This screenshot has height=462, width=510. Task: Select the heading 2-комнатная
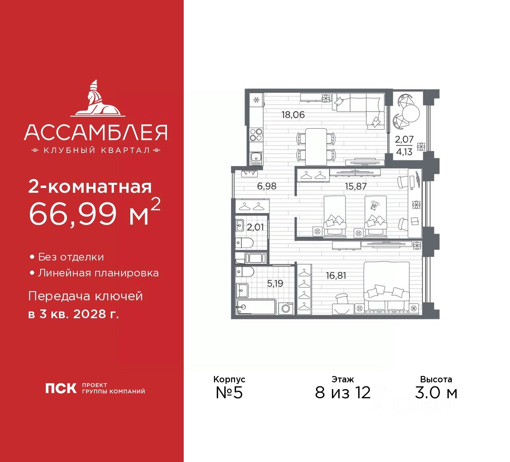90,186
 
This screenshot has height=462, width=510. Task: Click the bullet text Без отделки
71,257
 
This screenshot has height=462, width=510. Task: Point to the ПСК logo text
61,388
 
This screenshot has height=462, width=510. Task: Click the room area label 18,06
293,115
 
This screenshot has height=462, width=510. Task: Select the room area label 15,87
355,186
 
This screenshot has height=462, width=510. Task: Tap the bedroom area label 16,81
336,275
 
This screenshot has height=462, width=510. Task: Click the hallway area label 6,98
267,186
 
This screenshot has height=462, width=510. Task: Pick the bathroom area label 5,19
275,283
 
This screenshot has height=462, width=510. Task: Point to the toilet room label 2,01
255,227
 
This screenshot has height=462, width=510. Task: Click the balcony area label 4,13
404,152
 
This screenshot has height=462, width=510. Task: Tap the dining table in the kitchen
316,146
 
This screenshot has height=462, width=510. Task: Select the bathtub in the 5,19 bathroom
256,307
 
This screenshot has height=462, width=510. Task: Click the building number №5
229,392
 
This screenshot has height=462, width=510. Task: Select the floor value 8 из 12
343,392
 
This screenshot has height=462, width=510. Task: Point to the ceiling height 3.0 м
436,392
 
